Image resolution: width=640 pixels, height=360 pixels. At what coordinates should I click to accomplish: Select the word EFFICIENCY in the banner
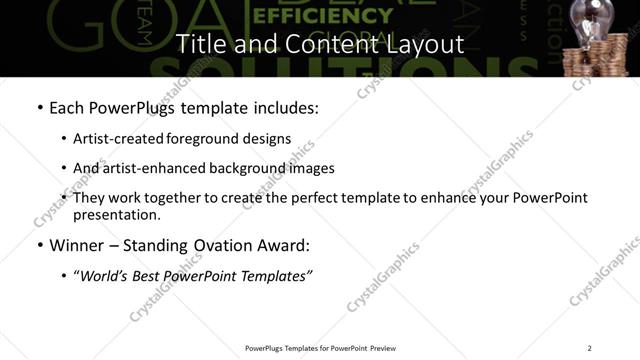coord(308,16)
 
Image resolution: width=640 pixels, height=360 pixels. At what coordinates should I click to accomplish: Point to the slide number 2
coord(589,348)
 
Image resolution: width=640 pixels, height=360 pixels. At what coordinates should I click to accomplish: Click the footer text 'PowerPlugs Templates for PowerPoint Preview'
coord(320,348)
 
